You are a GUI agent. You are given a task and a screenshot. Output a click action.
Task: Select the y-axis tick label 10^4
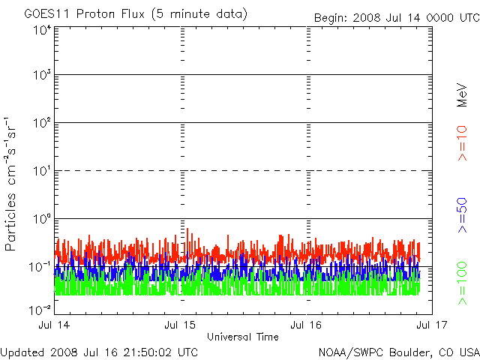41,31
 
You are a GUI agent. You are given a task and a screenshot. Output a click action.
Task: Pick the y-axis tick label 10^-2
40,309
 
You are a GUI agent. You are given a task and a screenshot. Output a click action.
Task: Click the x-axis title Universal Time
243,335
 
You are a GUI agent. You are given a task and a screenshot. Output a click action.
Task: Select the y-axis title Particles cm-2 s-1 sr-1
12,183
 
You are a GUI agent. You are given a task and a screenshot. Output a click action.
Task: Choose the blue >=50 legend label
463,215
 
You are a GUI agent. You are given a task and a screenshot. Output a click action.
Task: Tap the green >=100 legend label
463,283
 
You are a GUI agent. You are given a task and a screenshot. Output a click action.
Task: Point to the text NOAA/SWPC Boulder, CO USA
398,352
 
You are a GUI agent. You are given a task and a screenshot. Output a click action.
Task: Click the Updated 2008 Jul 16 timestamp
100,352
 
